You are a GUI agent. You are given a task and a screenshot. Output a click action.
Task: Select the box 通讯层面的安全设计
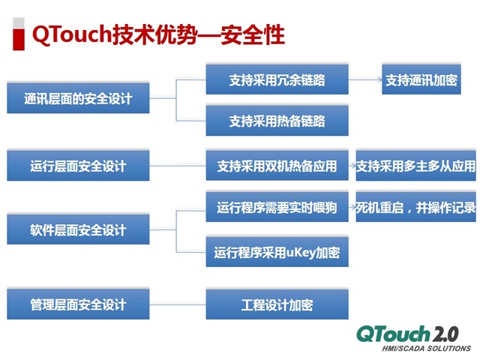point(78,98)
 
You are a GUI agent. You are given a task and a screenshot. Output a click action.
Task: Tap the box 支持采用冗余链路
point(277,79)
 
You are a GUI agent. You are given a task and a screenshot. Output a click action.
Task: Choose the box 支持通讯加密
point(421,79)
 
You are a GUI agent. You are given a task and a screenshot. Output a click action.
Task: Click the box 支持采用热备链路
point(277,120)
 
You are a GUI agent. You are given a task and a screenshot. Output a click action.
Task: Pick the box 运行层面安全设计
point(78,165)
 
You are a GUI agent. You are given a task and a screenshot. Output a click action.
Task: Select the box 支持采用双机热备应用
point(277,166)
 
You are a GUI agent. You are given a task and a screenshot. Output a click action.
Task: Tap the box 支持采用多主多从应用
point(415,166)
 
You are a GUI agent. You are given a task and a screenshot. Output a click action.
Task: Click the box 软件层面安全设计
point(78,230)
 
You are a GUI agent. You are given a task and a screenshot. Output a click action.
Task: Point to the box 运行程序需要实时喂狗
point(277,208)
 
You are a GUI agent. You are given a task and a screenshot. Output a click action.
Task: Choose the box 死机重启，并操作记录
point(415,208)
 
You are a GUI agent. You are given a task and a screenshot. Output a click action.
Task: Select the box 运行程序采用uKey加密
point(277,252)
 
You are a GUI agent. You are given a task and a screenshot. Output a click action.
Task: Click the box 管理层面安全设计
point(78,304)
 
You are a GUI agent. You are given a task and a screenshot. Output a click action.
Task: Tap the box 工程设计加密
point(277,304)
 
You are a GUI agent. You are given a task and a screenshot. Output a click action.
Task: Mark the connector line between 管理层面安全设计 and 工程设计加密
point(178,304)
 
